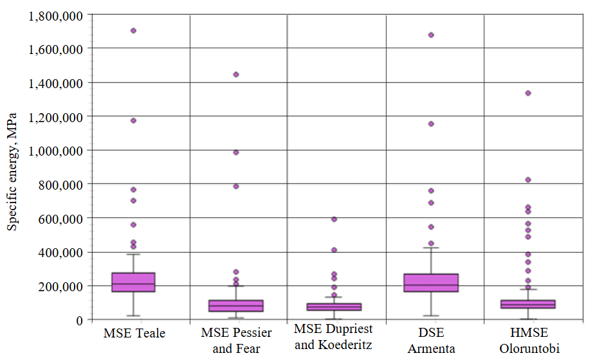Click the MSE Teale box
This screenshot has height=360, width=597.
pyautogui.click(x=133, y=282)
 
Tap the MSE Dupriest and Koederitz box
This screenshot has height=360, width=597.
pyautogui.click(x=334, y=307)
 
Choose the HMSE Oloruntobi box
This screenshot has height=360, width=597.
pyautogui.click(x=528, y=304)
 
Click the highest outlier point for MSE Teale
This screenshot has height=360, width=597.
pyautogui.click(x=133, y=30)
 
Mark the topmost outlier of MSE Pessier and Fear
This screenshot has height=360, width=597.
pyautogui.click(x=236, y=75)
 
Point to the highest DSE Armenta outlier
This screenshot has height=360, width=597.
pyautogui.click(x=431, y=35)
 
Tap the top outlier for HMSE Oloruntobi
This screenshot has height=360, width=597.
pyautogui.click(x=528, y=93)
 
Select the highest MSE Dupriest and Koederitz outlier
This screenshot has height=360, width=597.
pyautogui.click(x=334, y=219)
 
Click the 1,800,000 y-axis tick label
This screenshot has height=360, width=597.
pyautogui.click(x=56, y=15)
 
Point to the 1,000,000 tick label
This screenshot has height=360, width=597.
pyautogui.click(x=56, y=150)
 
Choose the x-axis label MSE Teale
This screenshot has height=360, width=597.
pyautogui.click(x=134, y=334)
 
